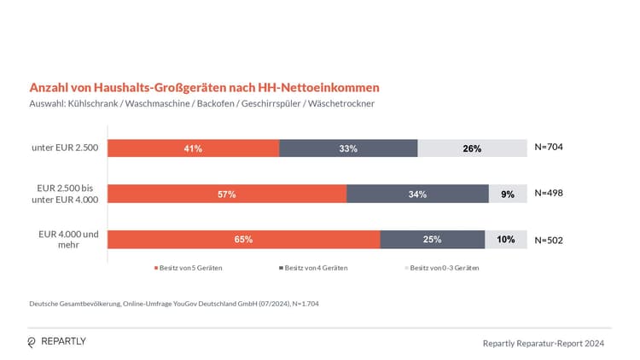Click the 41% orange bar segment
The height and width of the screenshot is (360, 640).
click(x=193, y=148)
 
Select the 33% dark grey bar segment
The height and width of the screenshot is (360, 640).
click(x=348, y=148)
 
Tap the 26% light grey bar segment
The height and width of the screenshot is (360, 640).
click(x=472, y=148)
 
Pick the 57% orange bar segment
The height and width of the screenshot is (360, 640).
click(x=227, y=194)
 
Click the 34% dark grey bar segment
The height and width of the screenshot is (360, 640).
click(x=417, y=194)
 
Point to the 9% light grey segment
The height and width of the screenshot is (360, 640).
click(x=508, y=194)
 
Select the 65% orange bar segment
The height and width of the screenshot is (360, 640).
click(x=243, y=239)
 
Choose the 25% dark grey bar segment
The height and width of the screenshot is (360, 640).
click(x=433, y=239)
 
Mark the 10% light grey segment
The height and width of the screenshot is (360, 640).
click(x=506, y=239)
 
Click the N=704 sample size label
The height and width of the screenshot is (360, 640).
click(x=549, y=147)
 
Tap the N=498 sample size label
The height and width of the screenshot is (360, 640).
click(x=549, y=193)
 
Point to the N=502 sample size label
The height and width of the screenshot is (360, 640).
click(x=549, y=240)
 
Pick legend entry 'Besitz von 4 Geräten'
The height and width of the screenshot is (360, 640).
click(x=315, y=268)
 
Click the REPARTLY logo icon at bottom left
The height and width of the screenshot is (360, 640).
click(x=32, y=342)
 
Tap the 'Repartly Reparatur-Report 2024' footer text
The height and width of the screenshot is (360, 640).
click(x=543, y=343)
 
